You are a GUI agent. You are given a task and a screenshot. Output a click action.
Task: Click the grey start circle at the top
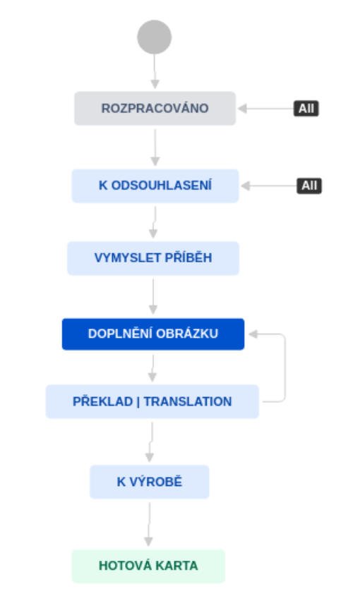155,37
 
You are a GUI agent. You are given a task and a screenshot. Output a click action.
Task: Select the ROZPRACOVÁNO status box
155,108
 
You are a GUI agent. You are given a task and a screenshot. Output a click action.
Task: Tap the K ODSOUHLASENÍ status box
155,186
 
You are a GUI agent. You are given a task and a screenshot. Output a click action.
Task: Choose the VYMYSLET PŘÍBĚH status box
153,258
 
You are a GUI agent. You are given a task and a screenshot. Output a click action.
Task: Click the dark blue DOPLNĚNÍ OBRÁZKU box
153,334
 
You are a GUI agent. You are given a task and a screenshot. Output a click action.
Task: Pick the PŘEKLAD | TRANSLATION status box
152,401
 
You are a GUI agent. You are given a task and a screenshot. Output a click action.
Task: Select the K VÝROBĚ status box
150,482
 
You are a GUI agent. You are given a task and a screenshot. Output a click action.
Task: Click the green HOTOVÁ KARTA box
148,566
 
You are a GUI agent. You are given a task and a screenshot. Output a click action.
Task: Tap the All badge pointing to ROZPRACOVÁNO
306,109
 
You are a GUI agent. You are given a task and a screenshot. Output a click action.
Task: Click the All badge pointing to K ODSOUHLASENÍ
309,186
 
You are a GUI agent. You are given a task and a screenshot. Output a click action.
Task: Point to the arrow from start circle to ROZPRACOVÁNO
155,71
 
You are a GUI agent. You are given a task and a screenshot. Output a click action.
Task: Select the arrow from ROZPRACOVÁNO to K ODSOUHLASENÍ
155,147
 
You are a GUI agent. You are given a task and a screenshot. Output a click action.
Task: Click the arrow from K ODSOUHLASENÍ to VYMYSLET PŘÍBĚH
155,222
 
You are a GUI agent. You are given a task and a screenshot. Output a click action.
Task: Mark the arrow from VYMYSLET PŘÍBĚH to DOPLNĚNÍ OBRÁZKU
153,297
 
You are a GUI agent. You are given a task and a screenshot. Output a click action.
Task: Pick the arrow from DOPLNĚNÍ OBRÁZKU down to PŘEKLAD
153,368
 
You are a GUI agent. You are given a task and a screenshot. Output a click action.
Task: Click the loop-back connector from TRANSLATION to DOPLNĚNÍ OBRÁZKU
285,367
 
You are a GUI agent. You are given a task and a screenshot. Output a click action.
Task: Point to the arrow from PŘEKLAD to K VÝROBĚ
151,442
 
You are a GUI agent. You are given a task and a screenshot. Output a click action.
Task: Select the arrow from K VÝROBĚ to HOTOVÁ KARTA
149,524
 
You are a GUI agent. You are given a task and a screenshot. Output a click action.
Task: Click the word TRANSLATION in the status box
188,401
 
